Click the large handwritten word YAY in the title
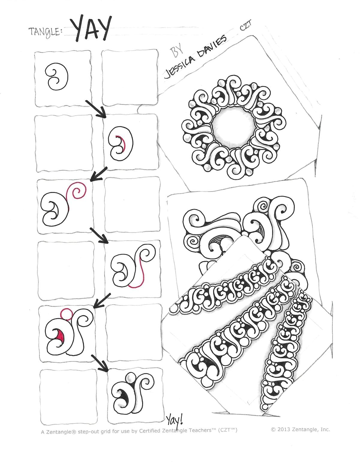click(x=91, y=28)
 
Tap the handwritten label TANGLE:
click(x=45, y=32)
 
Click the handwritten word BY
click(x=177, y=51)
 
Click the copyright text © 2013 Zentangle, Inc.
click(x=300, y=429)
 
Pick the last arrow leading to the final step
click(x=100, y=363)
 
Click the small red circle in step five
click(x=66, y=314)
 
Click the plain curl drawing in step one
click(x=56, y=77)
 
